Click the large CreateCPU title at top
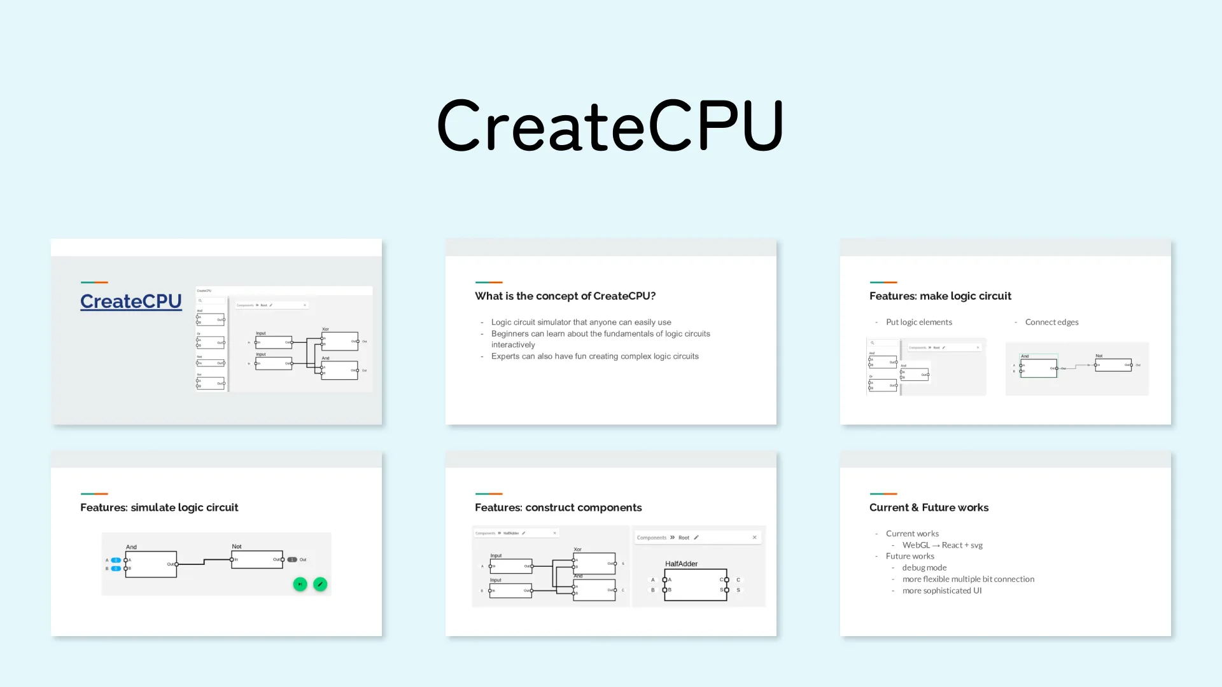(610, 125)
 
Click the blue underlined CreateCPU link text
(131, 301)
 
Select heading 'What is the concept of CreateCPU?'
(565, 296)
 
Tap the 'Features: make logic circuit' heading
(939, 296)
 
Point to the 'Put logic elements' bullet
(918, 322)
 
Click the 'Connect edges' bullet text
(1051, 322)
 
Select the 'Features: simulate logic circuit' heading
(159, 507)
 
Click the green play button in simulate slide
(300, 584)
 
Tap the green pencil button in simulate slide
(320, 584)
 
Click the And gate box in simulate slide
(151, 564)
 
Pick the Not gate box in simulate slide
(257, 560)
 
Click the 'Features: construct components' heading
(558, 507)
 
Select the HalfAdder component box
(695, 585)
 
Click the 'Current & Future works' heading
(929, 507)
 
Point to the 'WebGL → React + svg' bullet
(942, 545)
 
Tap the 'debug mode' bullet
(924, 567)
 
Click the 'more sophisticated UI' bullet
(941, 590)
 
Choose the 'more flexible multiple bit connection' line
(967, 579)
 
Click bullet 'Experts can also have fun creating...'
(594, 356)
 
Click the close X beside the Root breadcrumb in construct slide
(755, 538)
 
